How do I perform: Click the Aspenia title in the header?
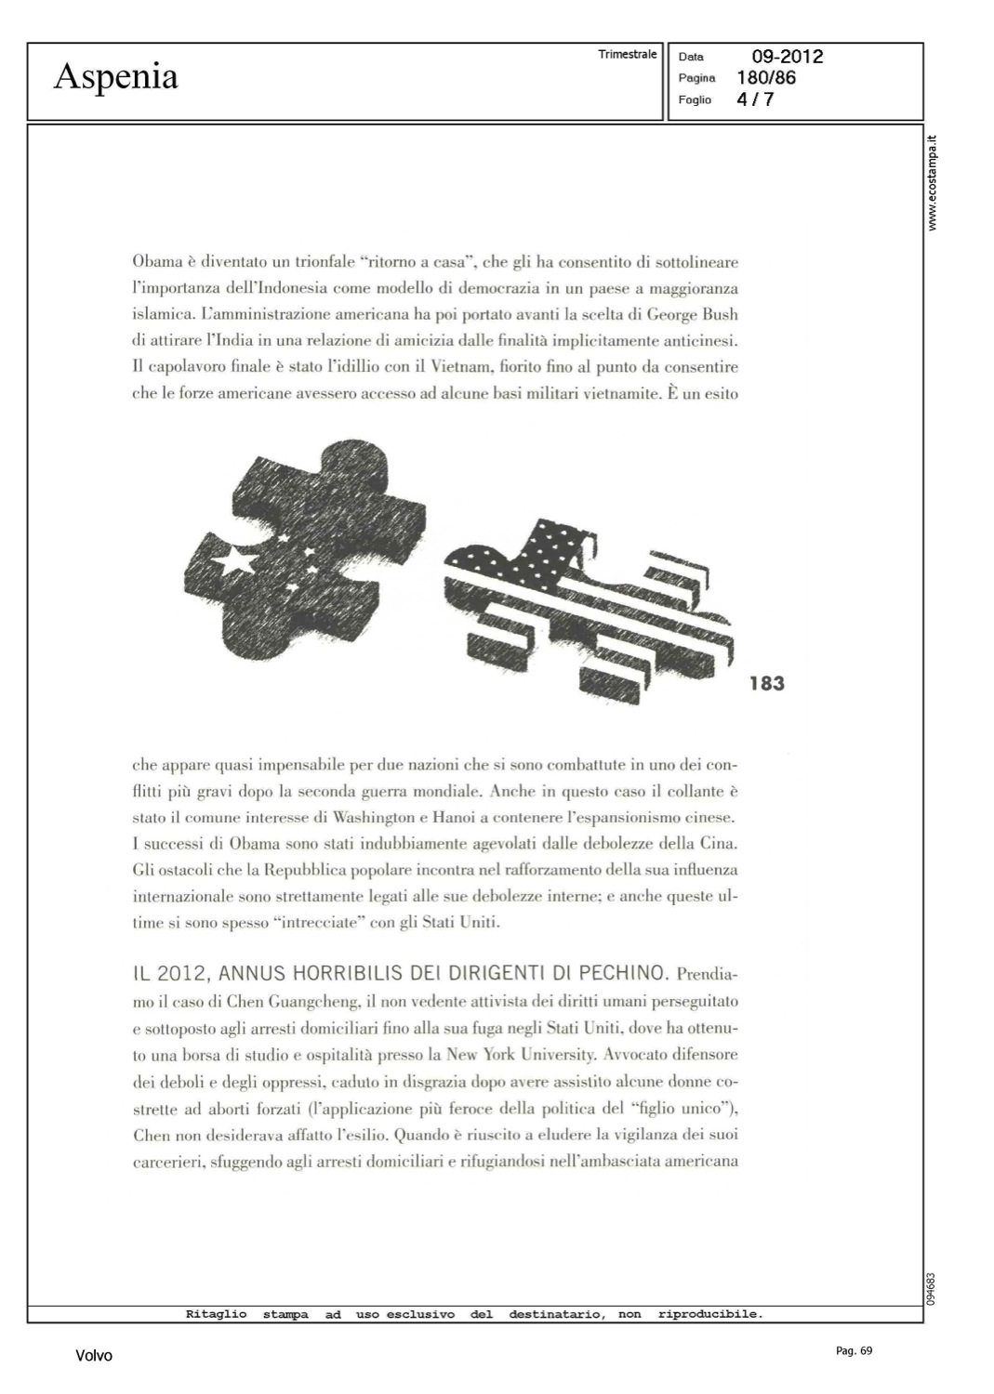pyautogui.click(x=115, y=76)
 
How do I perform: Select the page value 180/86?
pyautogui.click(x=765, y=78)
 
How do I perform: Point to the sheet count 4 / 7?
pyautogui.click(x=754, y=99)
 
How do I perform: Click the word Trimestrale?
pyautogui.click(x=628, y=55)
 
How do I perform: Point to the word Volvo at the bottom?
pyautogui.click(x=94, y=1356)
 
